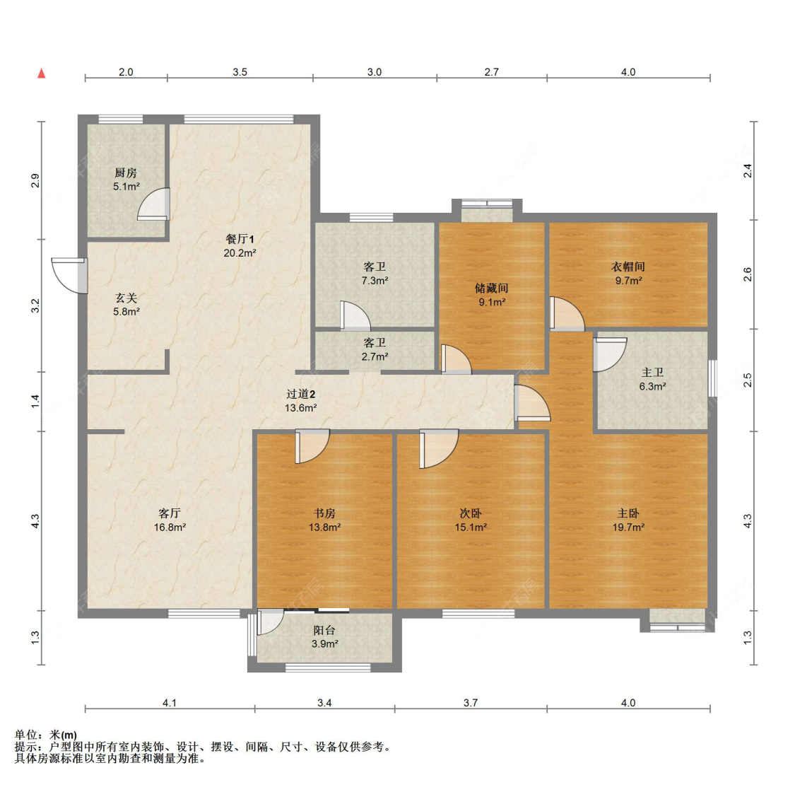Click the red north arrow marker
42,74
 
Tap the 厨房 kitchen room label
126,173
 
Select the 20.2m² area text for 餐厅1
240,252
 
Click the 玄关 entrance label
126,298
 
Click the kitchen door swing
153,204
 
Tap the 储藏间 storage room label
491,288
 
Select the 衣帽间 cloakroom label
628,267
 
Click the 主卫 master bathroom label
652,373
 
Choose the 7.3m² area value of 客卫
375,281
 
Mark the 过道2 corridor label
301,394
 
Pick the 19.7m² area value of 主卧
628,527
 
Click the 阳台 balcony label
324,630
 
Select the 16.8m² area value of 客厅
170,527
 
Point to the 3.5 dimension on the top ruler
240,72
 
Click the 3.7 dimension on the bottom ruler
471,703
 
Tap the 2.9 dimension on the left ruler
35,180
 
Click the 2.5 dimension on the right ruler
748,380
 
